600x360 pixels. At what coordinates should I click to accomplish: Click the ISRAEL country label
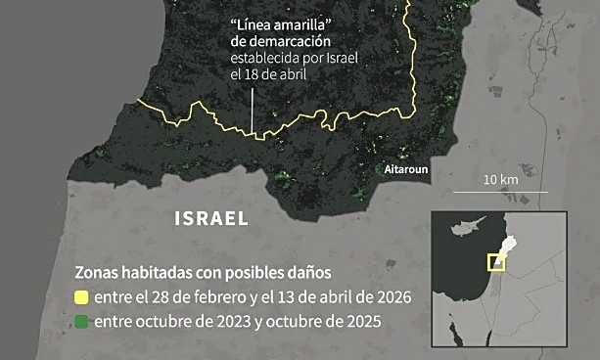(210, 217)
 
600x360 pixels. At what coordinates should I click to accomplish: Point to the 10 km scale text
(502, 181)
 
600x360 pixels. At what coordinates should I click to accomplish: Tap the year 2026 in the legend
(390, 296)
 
